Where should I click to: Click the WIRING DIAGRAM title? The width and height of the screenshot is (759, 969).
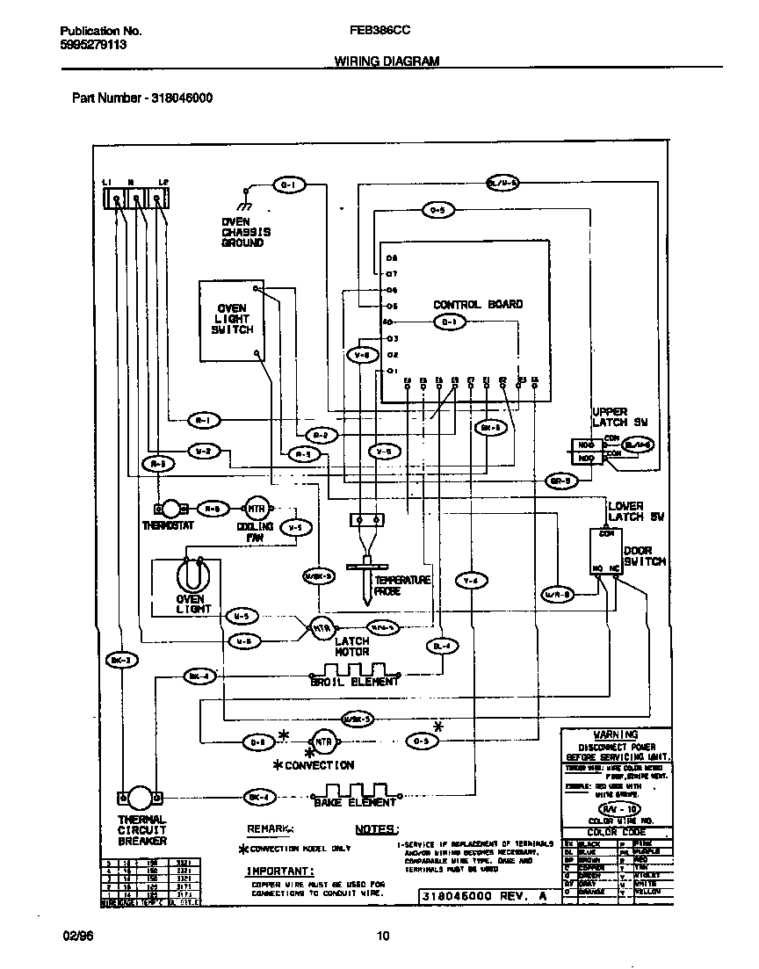386,61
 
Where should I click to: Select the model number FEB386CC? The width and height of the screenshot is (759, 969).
379,30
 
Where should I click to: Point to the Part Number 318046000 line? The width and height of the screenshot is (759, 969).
141,98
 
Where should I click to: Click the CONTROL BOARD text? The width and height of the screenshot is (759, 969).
477,304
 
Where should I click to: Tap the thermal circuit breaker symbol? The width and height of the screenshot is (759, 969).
141,798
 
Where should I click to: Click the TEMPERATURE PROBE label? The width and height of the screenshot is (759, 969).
402,586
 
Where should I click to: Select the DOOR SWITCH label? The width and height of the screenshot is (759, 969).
644,555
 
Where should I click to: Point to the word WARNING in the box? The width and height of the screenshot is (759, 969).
615,734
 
